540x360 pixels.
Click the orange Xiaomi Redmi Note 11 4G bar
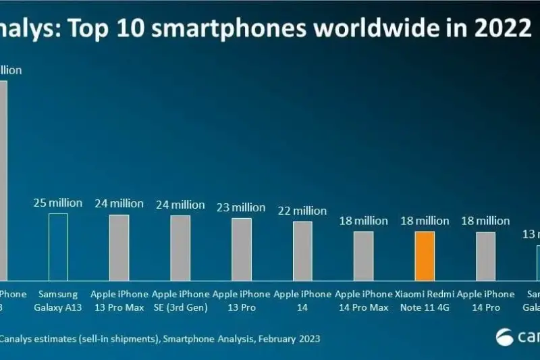424,256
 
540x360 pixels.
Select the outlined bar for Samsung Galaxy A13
58,247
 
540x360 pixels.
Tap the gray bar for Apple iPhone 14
302,251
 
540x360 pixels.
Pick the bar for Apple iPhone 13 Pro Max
119,247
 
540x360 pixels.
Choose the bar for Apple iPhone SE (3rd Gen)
180,248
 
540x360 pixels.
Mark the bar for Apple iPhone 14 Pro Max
363,256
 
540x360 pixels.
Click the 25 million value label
58,203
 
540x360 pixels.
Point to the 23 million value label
242,207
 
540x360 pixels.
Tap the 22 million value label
302,211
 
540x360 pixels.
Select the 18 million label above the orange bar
424,221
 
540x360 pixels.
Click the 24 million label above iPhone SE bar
180,205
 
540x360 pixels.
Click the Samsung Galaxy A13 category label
58,301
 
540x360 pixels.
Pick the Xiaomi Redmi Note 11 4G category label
424,301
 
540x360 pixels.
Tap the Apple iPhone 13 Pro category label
242,301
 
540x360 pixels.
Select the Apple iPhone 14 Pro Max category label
363,301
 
